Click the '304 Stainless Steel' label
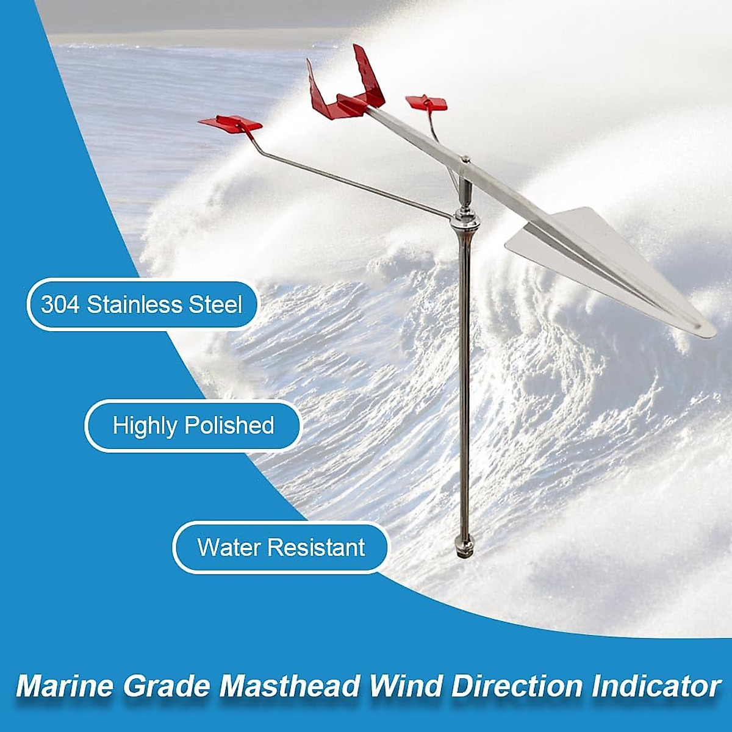click(142, 304)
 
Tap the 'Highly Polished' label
click(193, 425)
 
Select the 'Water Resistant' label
click(281, 547)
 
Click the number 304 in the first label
click(60, 304)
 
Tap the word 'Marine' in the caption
click(64, 686)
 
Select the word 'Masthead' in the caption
click(290, 686)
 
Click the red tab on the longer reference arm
click(231, 123)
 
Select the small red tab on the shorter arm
click(426, 103)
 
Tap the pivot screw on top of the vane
click(465, 160)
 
